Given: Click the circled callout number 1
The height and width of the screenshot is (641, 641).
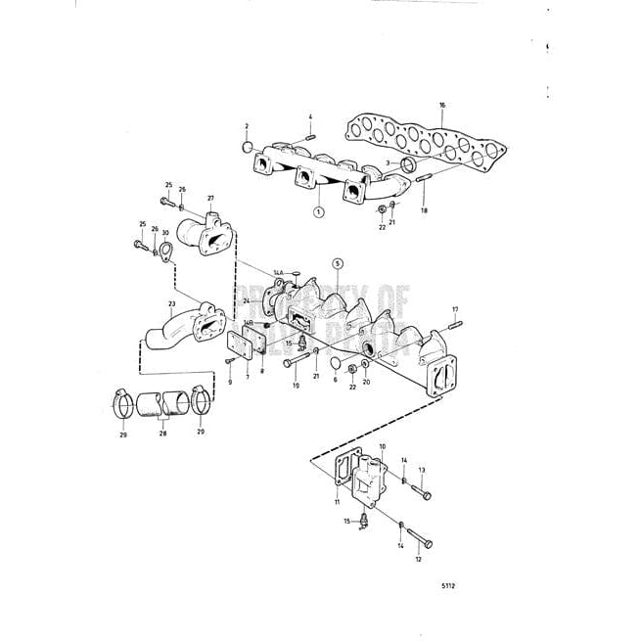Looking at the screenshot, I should point(318,210).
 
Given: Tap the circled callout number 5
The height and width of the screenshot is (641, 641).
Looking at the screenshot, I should point(338,263).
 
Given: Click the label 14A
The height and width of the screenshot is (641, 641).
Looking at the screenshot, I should point(277,269).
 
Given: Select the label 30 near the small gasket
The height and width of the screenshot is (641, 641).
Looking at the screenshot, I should point(165,233).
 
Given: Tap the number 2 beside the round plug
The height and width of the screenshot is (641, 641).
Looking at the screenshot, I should point(247,126).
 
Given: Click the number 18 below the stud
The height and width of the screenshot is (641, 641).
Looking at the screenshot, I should point(425,209).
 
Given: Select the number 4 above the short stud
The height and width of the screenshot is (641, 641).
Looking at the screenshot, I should point(310,117).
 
